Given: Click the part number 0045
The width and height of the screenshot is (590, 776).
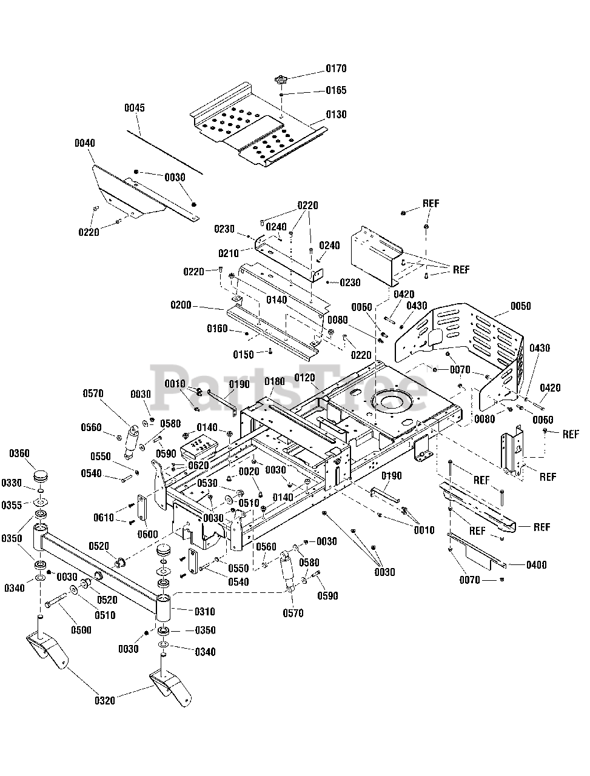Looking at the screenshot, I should click(135, 108).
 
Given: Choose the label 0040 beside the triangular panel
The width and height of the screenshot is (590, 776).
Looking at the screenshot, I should click(85, 143).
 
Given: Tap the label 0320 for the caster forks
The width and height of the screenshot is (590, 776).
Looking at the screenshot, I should click(104, 701).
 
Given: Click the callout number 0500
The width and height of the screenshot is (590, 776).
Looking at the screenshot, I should click(81, 630).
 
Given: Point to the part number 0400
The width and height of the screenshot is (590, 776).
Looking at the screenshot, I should click(536, 565).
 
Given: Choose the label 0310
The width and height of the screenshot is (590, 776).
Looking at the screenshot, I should click(204, 612).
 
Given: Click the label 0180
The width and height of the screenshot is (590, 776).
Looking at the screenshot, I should click(274, 381).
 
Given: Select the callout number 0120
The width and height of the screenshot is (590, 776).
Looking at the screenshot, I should click(305, 378).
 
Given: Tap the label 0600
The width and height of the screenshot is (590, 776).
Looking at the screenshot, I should click(148, 534).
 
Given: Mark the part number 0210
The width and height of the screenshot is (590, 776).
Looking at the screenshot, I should click(229, 253).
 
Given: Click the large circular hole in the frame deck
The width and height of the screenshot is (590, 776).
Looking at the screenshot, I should click(392, 401).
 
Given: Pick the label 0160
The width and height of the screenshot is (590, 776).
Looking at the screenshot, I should click(217, 329).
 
